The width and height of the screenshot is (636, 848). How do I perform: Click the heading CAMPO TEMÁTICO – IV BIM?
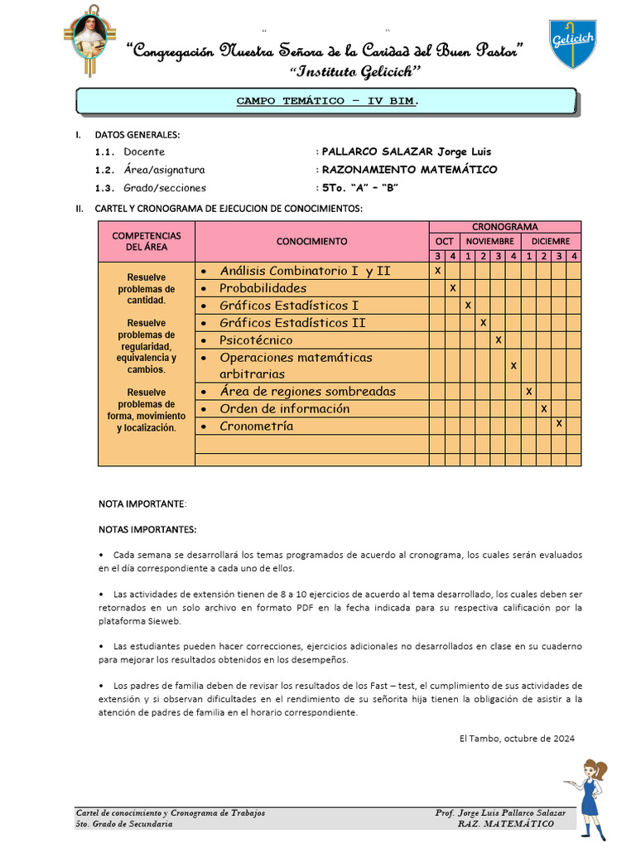(327, 101)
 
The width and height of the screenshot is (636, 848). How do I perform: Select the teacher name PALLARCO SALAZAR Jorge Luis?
(406, 152)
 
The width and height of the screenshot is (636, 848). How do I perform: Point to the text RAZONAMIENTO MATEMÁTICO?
(409, 170)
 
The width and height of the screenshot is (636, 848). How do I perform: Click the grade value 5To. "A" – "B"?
(360, 188)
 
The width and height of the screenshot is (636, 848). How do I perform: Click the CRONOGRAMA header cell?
(504, 227)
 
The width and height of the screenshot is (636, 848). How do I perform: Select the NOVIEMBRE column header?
(489, 241)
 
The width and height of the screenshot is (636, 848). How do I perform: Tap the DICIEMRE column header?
(550, 241)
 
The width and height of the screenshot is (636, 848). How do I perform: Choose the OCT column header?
(445, 241)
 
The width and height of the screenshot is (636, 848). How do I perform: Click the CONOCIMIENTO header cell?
(312, 241)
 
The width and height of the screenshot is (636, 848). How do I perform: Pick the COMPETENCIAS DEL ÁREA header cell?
(147, 241)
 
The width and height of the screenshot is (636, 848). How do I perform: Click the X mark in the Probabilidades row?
(452, 288)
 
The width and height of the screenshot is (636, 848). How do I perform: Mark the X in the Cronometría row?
(559, 423)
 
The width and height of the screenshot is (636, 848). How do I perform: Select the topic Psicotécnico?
(256, 340)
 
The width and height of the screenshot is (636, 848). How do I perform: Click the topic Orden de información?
(284, 409)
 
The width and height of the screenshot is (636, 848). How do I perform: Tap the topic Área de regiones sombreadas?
(307, 392)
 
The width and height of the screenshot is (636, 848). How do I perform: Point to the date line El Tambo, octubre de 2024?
(516, 738)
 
